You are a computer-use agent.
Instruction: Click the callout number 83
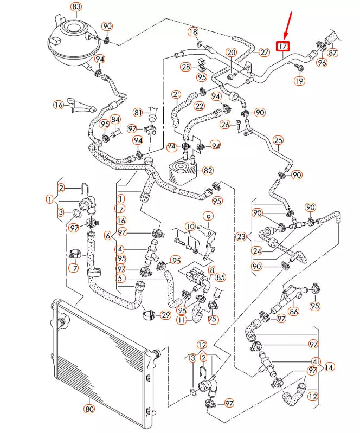(76, 7)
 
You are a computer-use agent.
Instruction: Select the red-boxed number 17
(283, 47)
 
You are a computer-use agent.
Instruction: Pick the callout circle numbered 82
(207, 171)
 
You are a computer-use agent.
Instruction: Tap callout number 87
(332, 53)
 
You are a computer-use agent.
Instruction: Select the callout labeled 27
(264, 53)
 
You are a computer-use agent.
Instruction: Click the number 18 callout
(194, 32)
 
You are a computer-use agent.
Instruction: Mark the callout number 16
(59, 104)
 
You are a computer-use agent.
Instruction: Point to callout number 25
(278, 140)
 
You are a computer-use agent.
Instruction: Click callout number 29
(166, 315)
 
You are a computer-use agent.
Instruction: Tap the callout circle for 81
(138, 113)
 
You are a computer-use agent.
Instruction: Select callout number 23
(241, 236)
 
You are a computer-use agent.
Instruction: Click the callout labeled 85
(220, 277)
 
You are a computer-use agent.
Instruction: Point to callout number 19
(300, 81)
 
